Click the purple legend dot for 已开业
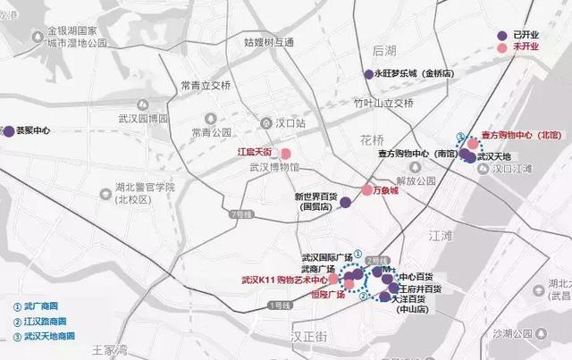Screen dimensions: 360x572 tap(503, 34)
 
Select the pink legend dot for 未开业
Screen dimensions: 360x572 tap(503, 46)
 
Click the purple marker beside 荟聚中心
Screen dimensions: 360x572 tap(8, 130)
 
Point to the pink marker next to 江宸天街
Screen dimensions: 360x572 tap(285, 154)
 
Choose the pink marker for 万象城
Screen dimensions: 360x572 tap(366, 190)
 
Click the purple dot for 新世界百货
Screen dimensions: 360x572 tap(344, 205)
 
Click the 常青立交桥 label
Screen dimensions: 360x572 tap(205, 86)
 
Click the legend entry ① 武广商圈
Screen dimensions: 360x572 tap(38, 306)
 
